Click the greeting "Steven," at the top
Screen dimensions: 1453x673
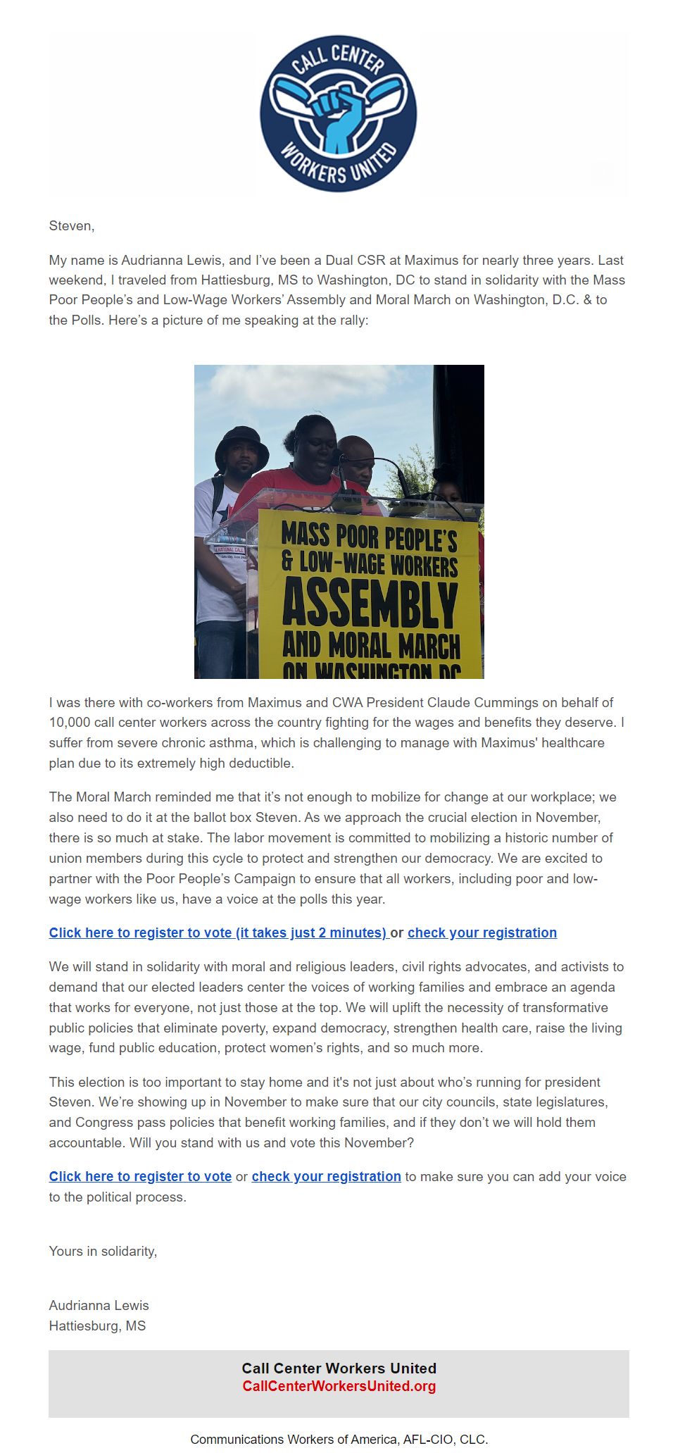coord(71,226)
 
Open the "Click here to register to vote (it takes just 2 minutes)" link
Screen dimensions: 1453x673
coord(218,933)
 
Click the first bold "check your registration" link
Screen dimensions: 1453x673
coord(482,933)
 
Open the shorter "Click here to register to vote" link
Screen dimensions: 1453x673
coord(140,1176)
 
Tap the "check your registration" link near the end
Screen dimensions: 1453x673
coord(326,1176)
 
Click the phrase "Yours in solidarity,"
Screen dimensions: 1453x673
coord(103,1251)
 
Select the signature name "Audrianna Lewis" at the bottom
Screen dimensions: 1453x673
coord(99,1305)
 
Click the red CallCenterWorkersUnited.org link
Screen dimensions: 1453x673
coord(339,1386)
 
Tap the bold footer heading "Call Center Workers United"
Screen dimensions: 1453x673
coord(339,1368)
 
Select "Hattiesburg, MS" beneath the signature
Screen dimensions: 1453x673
coord(97,1326)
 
